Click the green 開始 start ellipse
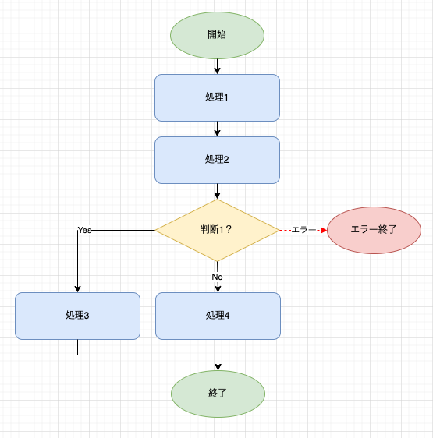(x=217, y=35)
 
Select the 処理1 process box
(x=217, y=97)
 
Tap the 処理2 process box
(x=217, y=160)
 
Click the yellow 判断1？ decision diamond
(x=217, y=230)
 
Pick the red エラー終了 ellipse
(x=374, y=230)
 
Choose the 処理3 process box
(x=77, y=316)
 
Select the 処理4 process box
(x=218, y=316)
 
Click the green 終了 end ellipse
(x=218, y=394)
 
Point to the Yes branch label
(x=84, y=230)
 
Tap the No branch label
(x=217, y=277)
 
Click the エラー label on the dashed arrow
(x=303, y=230)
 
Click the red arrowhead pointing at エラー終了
(x=324, y=230)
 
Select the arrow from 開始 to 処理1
(x=217, y=66)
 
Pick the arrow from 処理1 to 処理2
(x=217, y=129)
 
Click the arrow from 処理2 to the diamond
(x=217, y=192)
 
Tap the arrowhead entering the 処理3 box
(x=77, y=289)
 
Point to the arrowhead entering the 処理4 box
(x=218, y=289)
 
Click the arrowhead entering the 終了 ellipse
(x=218, y=367)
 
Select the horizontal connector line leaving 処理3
(x=147, y=355)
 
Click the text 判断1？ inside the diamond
(x=216, y=230)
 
